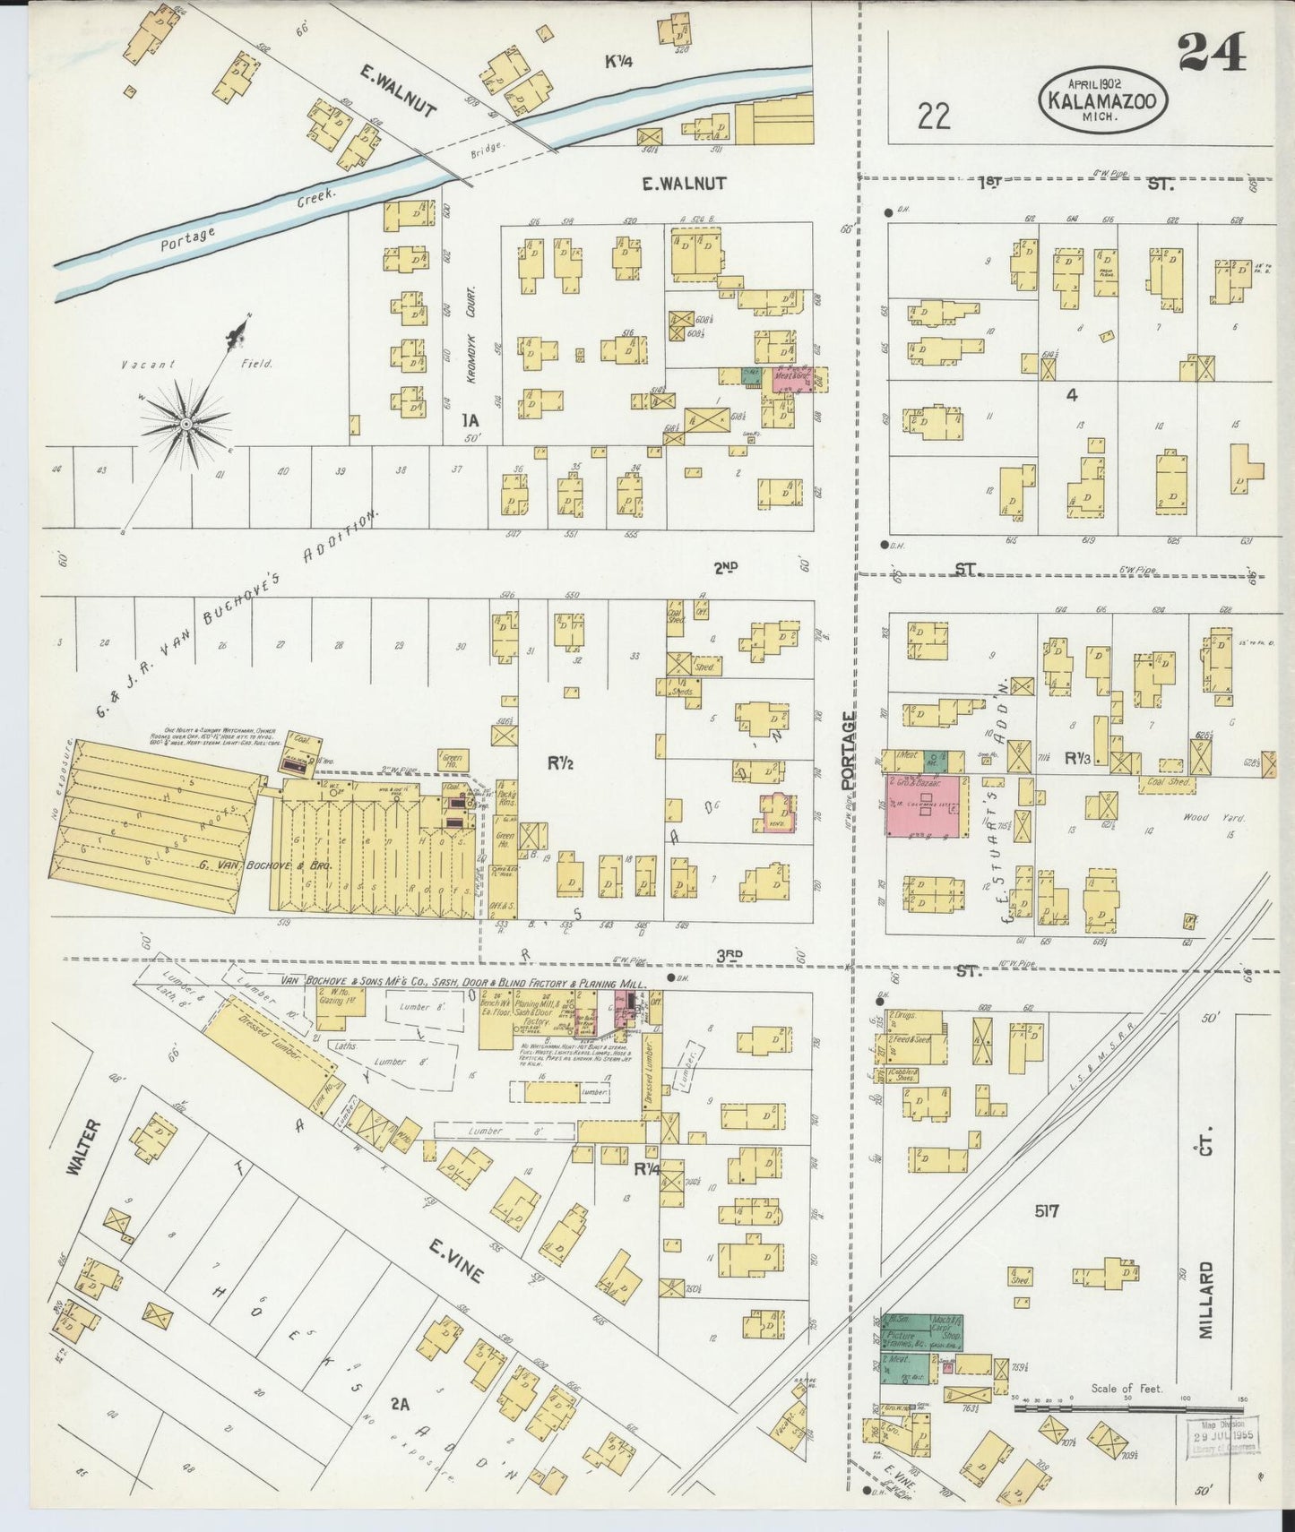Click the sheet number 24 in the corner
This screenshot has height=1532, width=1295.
[1212, 53]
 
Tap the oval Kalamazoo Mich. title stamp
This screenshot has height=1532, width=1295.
[1104, 99]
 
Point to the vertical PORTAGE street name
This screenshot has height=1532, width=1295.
[848, 750]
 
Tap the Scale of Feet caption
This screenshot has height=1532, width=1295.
[1126, 1389]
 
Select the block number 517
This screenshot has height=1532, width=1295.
[1046, 1211]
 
